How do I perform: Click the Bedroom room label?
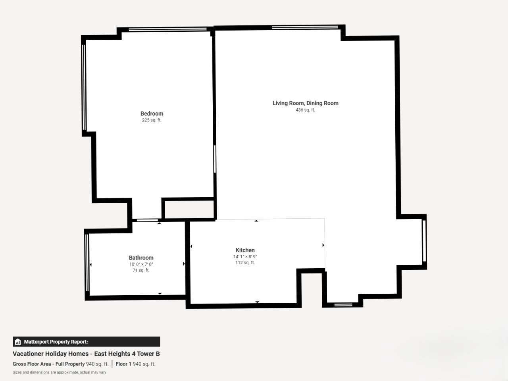152,114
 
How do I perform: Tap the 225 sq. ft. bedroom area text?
152,120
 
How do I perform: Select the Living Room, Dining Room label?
306,103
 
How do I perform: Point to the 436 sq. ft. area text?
306,110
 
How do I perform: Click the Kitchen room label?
245,250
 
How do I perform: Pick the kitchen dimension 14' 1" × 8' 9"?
245,256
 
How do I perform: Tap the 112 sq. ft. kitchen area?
245,263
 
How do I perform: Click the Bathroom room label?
141,258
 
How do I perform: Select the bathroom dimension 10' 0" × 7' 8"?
141,264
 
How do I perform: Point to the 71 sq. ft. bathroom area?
141,270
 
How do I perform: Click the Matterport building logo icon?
18,342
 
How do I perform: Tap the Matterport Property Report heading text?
56,342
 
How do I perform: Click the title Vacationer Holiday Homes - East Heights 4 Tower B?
86,354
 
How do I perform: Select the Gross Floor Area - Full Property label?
48,364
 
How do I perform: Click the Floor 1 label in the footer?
123,364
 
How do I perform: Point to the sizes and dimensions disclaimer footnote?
60,372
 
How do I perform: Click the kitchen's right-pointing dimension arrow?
323,245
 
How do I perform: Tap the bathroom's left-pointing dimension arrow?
91,264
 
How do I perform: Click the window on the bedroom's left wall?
84,87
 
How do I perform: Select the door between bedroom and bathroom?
147,220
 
